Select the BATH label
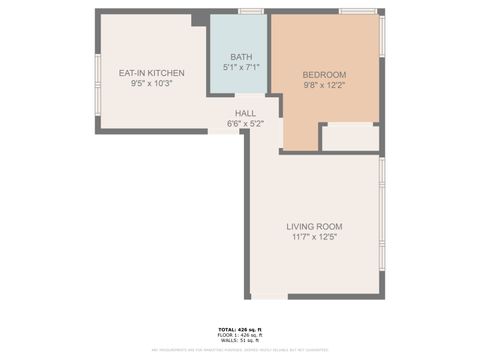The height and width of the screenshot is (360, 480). click(x=241, y=57)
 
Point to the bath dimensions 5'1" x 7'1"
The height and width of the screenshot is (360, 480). click(x=241, y=67)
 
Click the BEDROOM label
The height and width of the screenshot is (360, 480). click(x=324, y=75)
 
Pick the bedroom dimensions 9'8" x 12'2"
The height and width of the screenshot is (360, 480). click(x=324, y=85)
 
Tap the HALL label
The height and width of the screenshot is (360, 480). click(x=245, y=113)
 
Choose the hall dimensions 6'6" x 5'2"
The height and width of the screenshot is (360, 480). click(x=245, y=124)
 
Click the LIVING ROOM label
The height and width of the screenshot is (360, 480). click(x=314, y=226)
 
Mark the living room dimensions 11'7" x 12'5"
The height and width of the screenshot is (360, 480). click(x=314, y=237)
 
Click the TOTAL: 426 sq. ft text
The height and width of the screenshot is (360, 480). click(x=240, y=329)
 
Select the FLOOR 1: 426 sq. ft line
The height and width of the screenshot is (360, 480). click(x=240, y=335)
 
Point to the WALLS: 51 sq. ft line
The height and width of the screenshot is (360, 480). click(x=240, y=341)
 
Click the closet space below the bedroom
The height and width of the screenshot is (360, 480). click(x=350, y=137)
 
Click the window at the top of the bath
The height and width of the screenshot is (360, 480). click(x=251, y=11)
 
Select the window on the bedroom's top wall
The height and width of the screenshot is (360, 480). click(x=357, y=11)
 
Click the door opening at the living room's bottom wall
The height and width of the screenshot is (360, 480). click(x=268, y=296)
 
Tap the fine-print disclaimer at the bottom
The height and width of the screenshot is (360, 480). click(x=240, y=350)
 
